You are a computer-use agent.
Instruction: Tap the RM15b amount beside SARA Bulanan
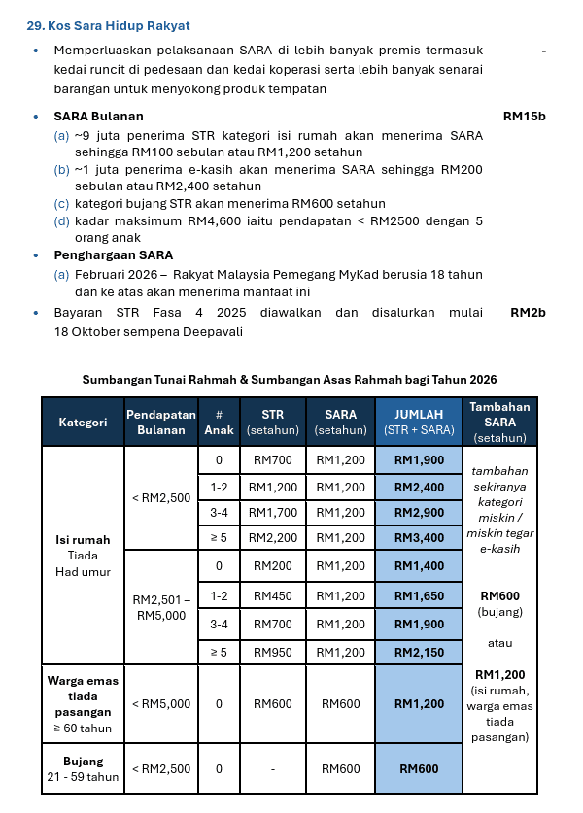524,117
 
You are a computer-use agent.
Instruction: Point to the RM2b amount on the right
528,314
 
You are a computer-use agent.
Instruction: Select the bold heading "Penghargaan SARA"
114,255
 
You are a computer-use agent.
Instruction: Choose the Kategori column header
83,422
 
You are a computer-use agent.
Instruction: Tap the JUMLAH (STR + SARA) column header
419,422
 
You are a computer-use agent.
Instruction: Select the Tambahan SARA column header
499,422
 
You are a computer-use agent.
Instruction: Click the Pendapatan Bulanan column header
160,422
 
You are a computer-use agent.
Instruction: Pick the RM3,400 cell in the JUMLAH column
419,537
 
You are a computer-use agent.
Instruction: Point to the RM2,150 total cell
419,653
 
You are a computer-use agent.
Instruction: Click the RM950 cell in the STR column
272,653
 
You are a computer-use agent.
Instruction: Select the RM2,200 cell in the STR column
272,537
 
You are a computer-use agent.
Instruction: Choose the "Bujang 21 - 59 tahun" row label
83,768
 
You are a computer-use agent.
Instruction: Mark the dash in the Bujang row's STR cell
272,769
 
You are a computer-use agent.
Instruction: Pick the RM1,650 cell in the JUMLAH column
419,595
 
